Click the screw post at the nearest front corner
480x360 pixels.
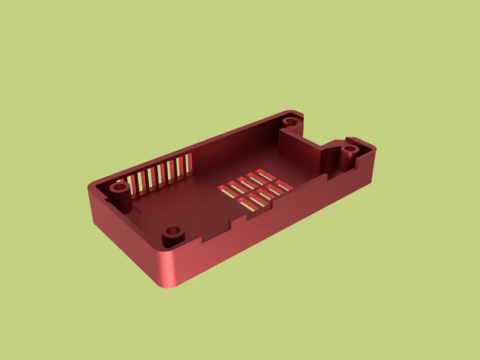click(172, 232)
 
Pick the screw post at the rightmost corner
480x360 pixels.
click(349, 150)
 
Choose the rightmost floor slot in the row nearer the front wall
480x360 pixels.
click(282, 185)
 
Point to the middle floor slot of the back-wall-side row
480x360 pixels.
click(245, 180)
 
